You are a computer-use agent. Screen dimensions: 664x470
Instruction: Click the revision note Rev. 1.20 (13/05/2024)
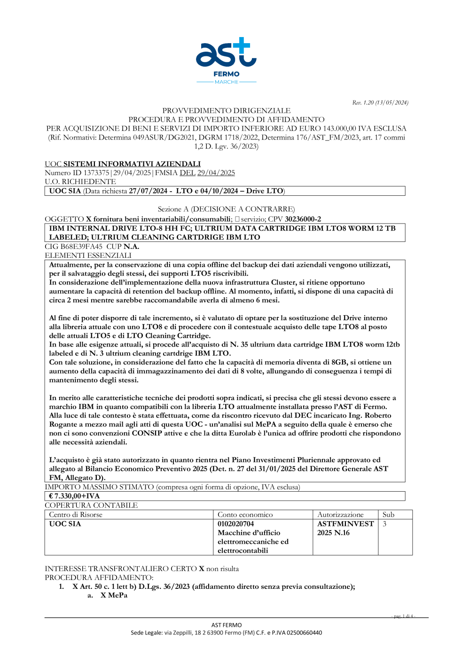(x=380, y=102)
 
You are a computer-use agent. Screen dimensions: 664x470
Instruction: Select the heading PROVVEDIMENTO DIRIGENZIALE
(x=226, y=111)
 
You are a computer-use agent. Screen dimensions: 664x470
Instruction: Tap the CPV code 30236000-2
(x=303, y=219)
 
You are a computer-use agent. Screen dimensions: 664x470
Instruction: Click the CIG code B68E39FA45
(x=81, y=247)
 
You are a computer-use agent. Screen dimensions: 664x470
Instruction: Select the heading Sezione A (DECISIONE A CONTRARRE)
(x=226, y=209)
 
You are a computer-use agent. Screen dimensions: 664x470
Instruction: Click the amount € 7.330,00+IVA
(x=74, y=496)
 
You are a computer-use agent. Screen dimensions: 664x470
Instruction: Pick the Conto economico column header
(x=245, y=515)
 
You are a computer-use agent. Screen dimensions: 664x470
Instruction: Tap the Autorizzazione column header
(x=340, y=515)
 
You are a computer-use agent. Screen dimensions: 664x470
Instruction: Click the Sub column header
(x=388, y=515)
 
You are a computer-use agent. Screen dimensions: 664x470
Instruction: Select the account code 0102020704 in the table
(x=235, y=524)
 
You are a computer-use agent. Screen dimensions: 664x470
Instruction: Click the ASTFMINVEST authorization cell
(x=345, y=524)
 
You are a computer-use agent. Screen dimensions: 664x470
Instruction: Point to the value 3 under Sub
(x=384, y=524)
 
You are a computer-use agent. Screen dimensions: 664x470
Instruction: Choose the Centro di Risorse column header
(x=76, y=515)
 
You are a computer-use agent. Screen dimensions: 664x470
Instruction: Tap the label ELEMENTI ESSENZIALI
(x=88, y=255)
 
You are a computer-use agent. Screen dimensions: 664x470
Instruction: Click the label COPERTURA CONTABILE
(x=91, y=505)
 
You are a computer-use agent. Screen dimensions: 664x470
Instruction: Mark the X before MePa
(x=103, y=595)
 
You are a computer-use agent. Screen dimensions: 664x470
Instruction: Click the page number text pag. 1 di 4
(x=404, y=616)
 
